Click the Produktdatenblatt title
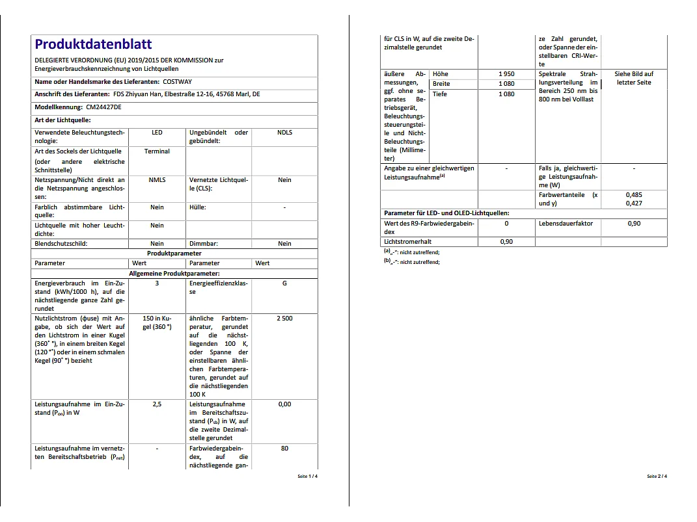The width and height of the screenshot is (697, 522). [x=93, y=44]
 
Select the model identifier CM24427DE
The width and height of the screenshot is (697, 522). [x=103, y=107]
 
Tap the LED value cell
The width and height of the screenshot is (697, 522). [x=157, y=133]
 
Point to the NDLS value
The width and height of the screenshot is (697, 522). [x=284, y=133]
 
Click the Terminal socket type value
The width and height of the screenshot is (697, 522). [x=157, y=151]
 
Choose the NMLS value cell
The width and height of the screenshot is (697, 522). [x=157, y=180]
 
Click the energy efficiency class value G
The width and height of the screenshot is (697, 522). [x=284, y=284]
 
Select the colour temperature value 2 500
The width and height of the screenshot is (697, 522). [x=284, y=319]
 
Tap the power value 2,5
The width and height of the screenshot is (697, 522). [x=157, y=404]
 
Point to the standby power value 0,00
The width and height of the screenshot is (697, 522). [x=284, y=404]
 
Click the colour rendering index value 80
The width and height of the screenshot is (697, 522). [x=284, y=449]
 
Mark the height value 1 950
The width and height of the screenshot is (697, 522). [x=506, y=74]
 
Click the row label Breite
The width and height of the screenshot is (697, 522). [x=441, y=84]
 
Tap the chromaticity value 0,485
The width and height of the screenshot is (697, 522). [x=634, y=195]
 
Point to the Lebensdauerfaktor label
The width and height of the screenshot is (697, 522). [x=566, y=224]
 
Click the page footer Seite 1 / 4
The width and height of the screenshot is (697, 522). [x=308, y=476]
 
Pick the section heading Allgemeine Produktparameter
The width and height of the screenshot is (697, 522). [x=174, y=274]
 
